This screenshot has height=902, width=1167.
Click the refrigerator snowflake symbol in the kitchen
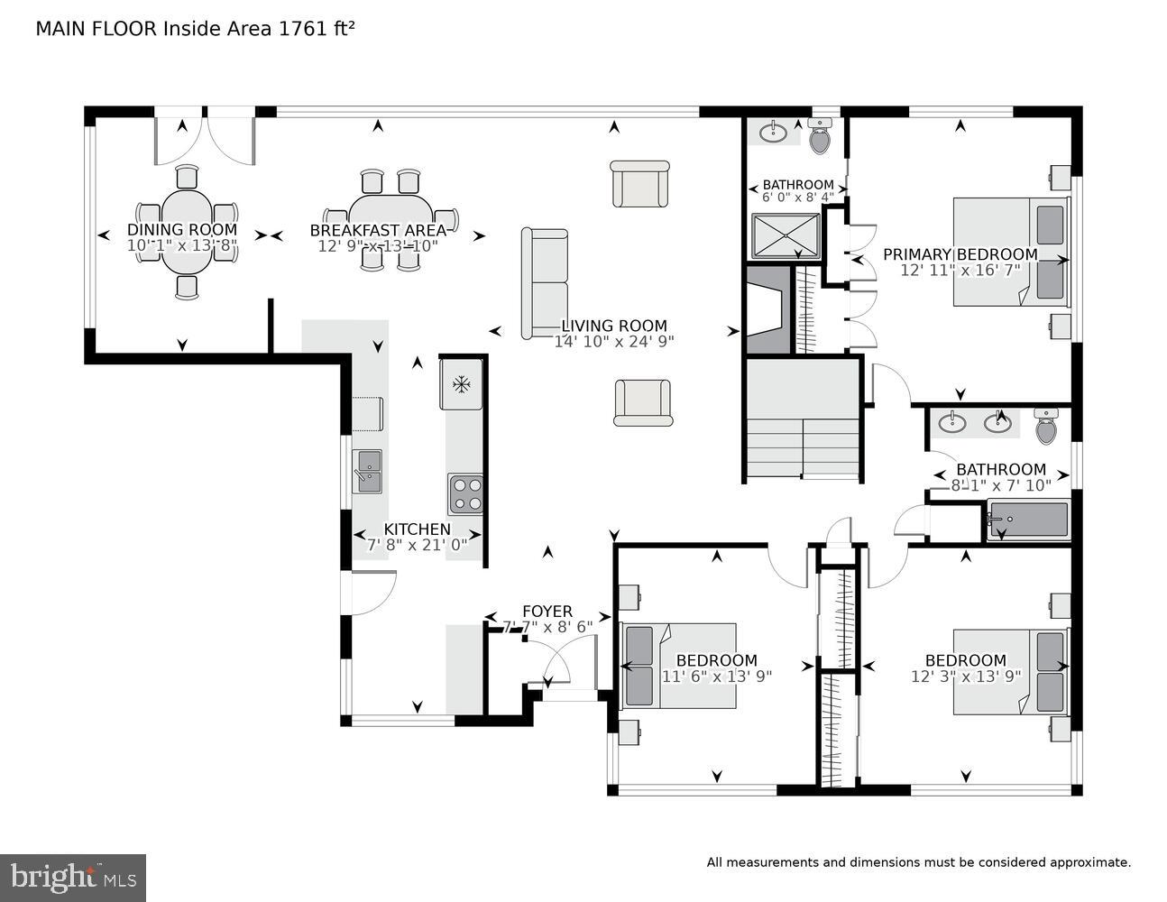tap(462, 385)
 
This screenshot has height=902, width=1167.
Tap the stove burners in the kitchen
tap(465, 494)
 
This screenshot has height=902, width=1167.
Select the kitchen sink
tap(367, 471)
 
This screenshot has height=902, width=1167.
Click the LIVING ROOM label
tap(614, 326)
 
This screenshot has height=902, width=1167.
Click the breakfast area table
tap(390, 219)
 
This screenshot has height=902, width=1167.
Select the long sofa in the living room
tap(545, 283)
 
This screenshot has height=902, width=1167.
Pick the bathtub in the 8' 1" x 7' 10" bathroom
tap(1027, 520)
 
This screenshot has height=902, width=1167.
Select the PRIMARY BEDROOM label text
tap(960, 254)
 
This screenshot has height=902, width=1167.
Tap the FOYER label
tap(547, 612)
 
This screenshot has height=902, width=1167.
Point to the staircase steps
tap(800, 446)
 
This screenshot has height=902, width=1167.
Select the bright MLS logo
tap(72, 877)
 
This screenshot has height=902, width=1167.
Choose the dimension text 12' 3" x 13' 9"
tap(965, 676)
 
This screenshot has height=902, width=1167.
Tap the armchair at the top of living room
tap(639, 184)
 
